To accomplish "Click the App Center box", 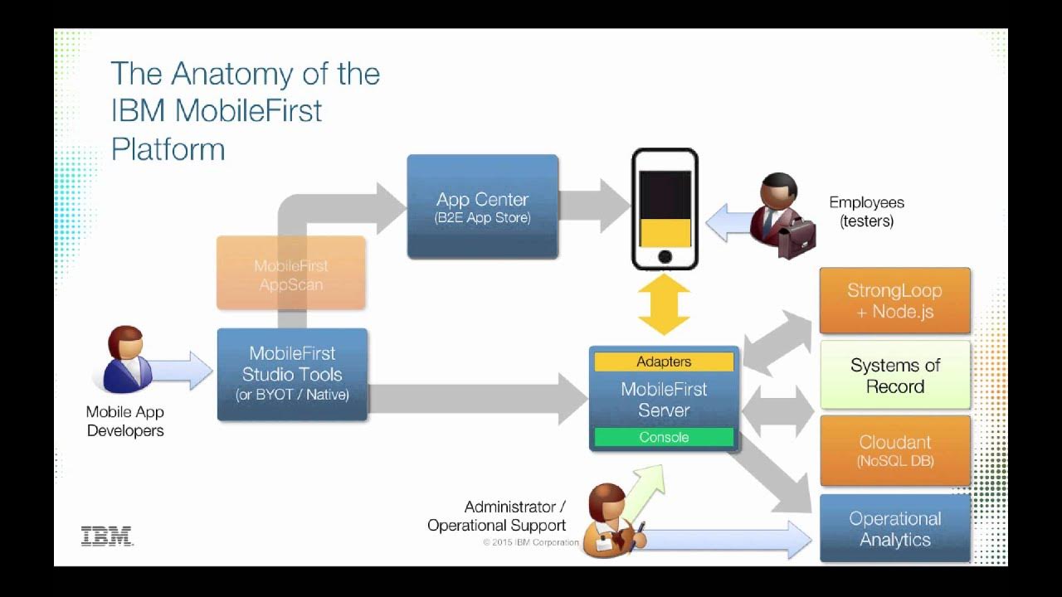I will (x=482, y=207).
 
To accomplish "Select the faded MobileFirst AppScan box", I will (x=290, y=274).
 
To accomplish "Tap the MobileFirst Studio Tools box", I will (x=292, y=375).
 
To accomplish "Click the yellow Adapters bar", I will (x=664, y=362).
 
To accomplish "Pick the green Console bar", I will (x=664, y=437).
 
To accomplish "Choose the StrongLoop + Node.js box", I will (x=894, y=300).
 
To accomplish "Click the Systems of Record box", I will (x=894, y=376).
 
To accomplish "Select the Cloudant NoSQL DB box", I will (x=894, y=450).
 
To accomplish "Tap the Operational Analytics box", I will (x=894, y=529).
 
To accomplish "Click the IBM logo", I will (x=107, y=536).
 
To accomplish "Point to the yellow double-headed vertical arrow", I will (x=664, y=304).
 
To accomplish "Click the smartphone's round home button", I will (x=665, y=257).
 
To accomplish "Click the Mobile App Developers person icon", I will (x=126, y=361).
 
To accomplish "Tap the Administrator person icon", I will (x=608, y=522).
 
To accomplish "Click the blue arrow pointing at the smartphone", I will (x=728, y=224).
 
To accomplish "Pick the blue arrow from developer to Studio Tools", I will (x=183, y=370).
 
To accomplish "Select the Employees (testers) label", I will (x=866, y=211).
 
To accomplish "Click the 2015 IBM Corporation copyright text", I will (x=531, y=542).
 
